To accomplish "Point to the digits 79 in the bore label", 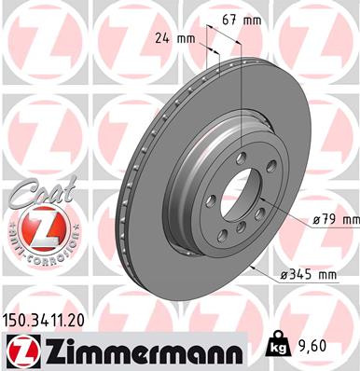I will click(333, 219).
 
